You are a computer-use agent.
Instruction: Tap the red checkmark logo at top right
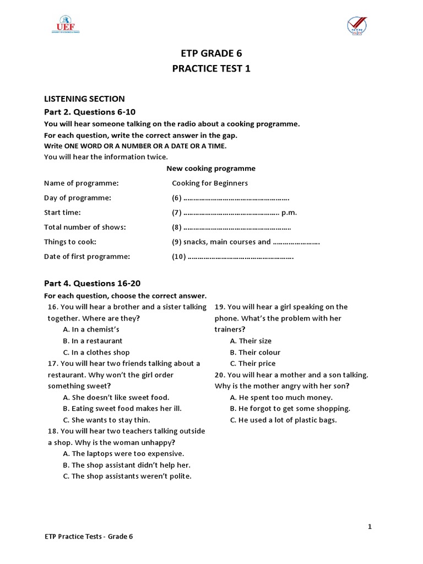coord(357,25)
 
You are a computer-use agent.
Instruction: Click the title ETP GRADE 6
coord(211,53)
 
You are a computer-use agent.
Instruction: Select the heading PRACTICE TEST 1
coord(211,69)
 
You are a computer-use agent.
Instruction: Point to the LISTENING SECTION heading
coord(84,99)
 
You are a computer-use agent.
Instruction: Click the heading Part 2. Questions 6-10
coord(90,112)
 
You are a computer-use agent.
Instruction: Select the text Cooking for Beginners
coord(210,183)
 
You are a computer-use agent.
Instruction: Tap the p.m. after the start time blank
coord(289,213)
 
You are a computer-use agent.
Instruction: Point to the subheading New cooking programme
coord(211,169)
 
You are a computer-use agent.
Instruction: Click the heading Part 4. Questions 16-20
coord(92,284)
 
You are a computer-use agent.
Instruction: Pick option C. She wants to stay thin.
coord(106,420)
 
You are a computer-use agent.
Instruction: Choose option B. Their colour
coord(255,352)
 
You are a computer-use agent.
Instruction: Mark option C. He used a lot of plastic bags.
coord(283,420)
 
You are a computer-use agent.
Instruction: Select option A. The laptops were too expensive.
coord(123,454)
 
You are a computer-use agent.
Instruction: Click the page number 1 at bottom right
coord(370,527)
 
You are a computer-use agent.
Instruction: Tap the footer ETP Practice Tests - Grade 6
coord(89,536)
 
